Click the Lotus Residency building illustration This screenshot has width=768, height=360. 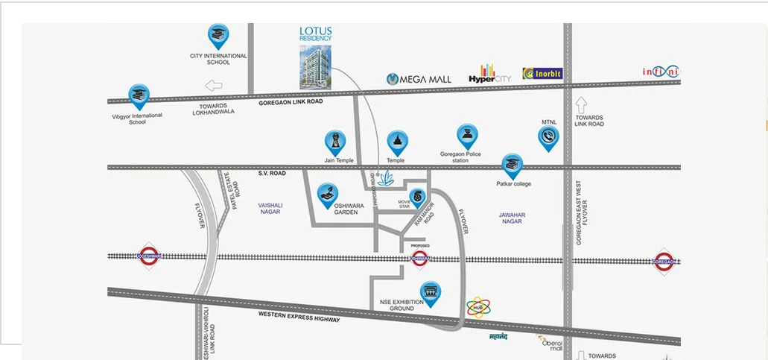tap(315, 66)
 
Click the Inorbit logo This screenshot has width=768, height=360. tap(542, 73)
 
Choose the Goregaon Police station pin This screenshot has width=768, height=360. tap(467, 136)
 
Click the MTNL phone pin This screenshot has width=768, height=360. tap(549, 137)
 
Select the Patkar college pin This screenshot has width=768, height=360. tap(512, 165)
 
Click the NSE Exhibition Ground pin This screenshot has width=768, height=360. tap(430, 292)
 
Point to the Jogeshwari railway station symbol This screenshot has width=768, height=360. tap(150, 256)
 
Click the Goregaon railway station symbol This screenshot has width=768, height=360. tap(664, 261)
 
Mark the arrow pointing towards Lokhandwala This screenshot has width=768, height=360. tap(214, 85)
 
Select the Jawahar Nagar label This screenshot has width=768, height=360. tap(512, 218)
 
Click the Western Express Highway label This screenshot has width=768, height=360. tap(299, 316)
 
